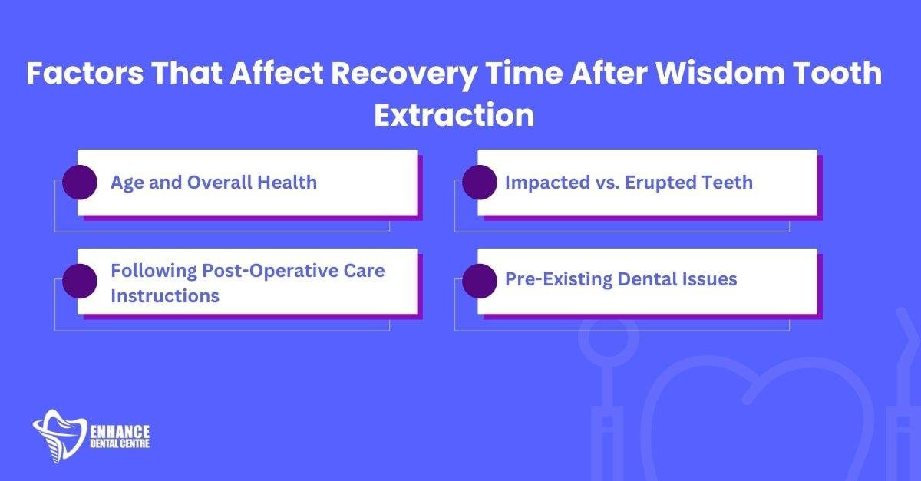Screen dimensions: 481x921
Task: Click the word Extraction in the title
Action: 454,115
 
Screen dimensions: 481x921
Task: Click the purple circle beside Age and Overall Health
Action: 79,183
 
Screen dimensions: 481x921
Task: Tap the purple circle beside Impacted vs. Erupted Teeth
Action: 479,183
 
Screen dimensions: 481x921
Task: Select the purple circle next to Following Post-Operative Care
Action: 79,281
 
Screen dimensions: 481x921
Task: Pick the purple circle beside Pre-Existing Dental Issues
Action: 479,281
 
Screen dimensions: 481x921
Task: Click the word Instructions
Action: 165,295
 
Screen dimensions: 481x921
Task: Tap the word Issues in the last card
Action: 708,279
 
